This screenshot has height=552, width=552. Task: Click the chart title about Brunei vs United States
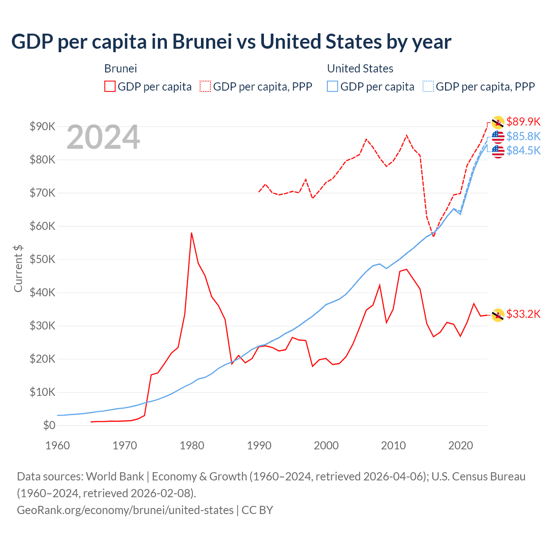pos(231,42)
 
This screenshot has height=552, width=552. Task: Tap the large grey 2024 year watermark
pos(103,138)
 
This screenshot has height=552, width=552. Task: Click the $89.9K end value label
pos(523,122)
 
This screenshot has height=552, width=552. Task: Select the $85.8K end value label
pos(523,136)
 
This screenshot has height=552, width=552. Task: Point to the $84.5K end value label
pos(523,151)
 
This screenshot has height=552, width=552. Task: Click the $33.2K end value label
pos(523,314)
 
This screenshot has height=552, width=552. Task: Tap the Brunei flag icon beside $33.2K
pos(498,315)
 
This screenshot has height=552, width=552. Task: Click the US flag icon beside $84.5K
pos(498,151)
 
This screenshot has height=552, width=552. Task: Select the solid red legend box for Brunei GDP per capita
pos(110,87)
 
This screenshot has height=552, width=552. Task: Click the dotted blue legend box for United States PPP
pos(428,87)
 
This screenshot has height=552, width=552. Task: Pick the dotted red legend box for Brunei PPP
pos(205,87)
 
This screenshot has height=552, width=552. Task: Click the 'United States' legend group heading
pos(360,69)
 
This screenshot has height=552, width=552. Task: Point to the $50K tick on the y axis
pos(42,259)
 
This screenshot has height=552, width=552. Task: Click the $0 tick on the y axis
pos(49,425)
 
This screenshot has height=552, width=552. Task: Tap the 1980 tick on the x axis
pos(192,445)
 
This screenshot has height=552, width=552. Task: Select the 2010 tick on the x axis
pos(393,445)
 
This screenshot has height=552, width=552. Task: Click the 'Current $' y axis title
pos(18,268)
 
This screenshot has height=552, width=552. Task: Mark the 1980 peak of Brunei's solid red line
pos(191,233)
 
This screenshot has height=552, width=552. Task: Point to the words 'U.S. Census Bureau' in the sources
pos(478,477)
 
